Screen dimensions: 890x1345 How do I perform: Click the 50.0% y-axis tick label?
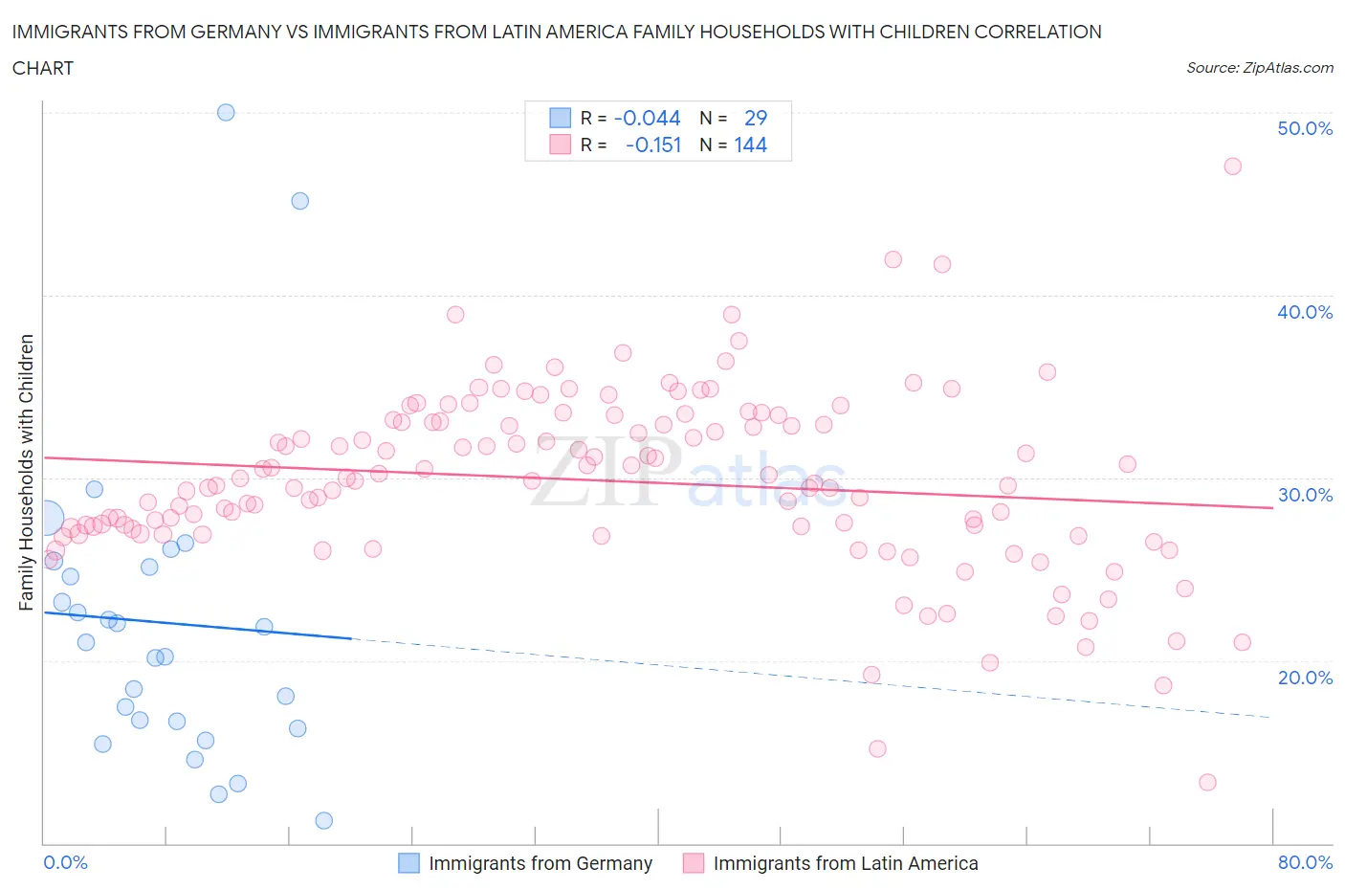coord(1305,128)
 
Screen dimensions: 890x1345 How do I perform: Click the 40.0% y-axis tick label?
coord(1305,312)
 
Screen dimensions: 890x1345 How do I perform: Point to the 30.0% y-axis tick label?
coord(1305,495)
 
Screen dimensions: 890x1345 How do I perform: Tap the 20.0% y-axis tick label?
coord(1305,678)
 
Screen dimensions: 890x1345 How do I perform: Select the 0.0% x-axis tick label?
coord(65,862)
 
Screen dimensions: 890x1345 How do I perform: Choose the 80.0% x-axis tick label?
coord(1305,862)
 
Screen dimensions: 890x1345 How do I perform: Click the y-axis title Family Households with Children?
coord(26,473)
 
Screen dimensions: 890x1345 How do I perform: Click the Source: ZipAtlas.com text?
coord(1259,68)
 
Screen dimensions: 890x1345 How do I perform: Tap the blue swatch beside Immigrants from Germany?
coord(408,863)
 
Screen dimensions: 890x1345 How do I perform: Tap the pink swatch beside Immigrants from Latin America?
coord(694,863)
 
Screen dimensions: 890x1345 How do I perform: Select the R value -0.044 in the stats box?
coord(648,118)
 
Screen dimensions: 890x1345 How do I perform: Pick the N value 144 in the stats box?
coord(751,145)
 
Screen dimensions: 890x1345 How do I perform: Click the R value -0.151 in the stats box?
coord(653,145)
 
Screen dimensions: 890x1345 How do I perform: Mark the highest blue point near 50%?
coord(226,112)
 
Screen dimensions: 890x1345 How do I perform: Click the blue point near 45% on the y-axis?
coord(299,201)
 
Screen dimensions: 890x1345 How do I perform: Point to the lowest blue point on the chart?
coord(323,820)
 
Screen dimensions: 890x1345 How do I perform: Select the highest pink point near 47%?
coord(1232,167)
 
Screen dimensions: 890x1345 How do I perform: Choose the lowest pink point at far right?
coord(1207,782)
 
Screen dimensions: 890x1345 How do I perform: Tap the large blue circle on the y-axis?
coord(44,518)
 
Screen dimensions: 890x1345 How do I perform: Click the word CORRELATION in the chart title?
coord(1038,32)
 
